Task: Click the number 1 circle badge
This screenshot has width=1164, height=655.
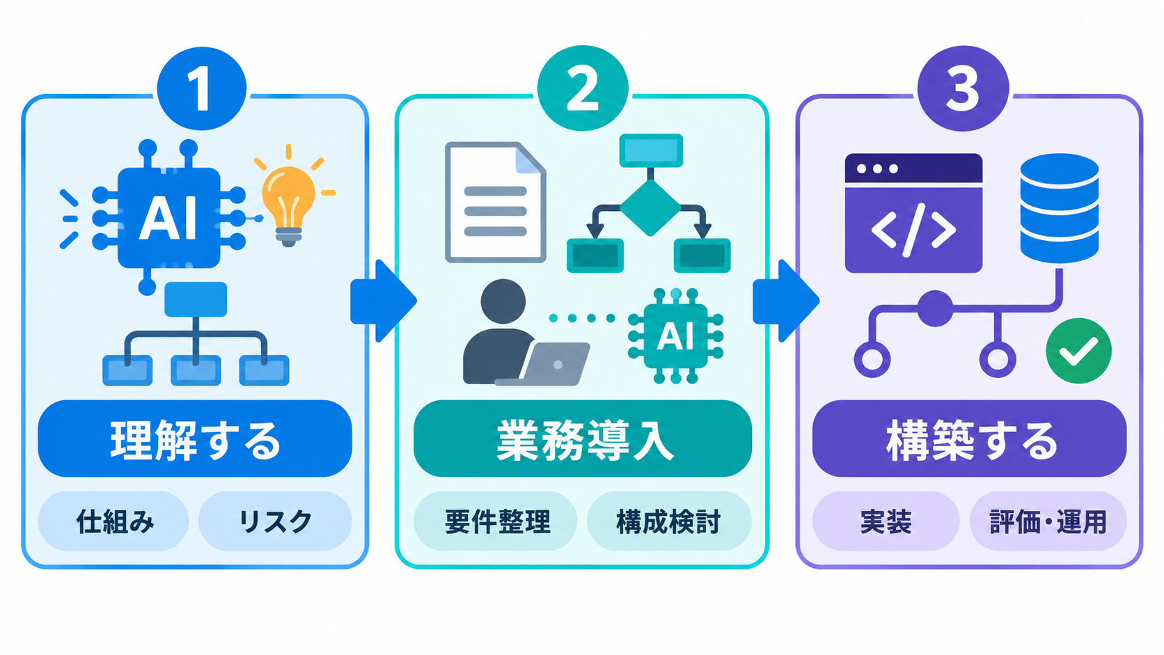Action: click(x=202, y=88)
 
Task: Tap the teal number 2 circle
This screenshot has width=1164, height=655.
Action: click(x=583, y=88)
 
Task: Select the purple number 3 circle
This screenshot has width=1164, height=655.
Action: click(x=963, y=88)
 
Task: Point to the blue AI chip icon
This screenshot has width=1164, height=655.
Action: click(x=169, y=217)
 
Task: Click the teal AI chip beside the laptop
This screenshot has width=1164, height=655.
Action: click(x=675, y=336)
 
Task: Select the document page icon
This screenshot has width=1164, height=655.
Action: click(x=496, y=202)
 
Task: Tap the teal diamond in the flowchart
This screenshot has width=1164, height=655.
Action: click(x=650, y=207)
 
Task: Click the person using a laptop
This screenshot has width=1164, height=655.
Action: click(x=525, y=333)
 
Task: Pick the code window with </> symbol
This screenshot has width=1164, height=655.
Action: click(x=913, y=213)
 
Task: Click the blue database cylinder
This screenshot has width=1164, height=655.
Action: click(x=1060, y=208)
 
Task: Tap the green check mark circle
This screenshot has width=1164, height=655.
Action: click(x=1079, y=351)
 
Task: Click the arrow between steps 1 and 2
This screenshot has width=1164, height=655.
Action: click(x=384, y=301)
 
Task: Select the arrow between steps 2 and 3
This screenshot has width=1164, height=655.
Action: click(x=786, y=301)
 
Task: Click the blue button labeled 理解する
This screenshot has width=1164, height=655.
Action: click(x=195, y=439)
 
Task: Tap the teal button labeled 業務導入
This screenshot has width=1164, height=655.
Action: click(x=583, y=439)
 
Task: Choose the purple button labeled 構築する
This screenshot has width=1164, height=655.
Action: click(x=970, y=439)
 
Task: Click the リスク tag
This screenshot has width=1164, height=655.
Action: click(x=275, y=521)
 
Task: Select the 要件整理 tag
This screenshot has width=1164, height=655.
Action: click(x=495, y=521)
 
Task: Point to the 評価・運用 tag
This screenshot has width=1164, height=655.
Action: click(x=1048, y=521)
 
